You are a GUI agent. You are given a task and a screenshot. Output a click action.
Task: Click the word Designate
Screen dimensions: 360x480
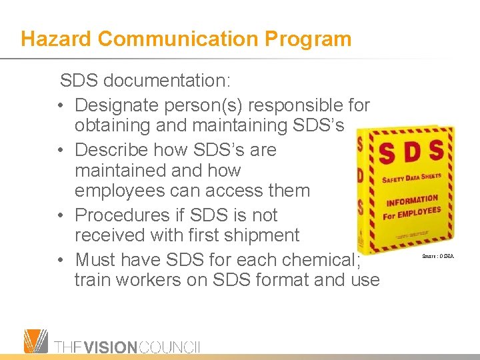[x=118, y=105]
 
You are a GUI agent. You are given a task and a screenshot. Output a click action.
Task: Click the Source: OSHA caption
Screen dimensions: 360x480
[x=437, y=255]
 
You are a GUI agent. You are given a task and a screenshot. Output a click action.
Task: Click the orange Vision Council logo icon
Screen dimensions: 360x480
[x=36, y=341]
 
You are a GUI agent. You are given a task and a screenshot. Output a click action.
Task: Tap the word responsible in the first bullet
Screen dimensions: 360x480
[x=294, y=105]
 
